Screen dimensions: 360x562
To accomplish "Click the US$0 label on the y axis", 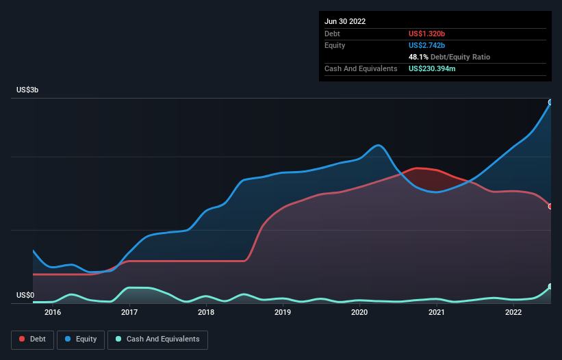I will [x=25, y=295].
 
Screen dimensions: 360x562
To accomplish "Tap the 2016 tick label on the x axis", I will [x=53, y=313].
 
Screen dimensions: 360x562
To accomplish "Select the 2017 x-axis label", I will [x=129, y=313].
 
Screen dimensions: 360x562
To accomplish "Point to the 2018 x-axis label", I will [x=206, y=313].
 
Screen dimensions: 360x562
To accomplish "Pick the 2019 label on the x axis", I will [x=283, y=313].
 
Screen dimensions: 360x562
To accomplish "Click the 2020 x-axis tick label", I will [x=360, y=313].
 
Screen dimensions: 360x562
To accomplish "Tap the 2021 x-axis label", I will [x=437, y=313].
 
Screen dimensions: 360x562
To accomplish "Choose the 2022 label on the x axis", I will [x=513, y=313].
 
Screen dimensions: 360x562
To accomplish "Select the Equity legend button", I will [x=81, y=339].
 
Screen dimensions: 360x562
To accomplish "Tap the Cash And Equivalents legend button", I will [x=157, y=339].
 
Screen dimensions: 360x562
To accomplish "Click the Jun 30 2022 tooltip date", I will [x=345, y=21].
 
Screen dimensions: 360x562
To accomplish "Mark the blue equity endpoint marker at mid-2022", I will [x=550, y=103].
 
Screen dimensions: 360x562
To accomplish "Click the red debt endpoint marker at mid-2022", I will [x=550, y=206].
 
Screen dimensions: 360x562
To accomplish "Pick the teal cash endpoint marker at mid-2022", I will [x=550, y=287].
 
